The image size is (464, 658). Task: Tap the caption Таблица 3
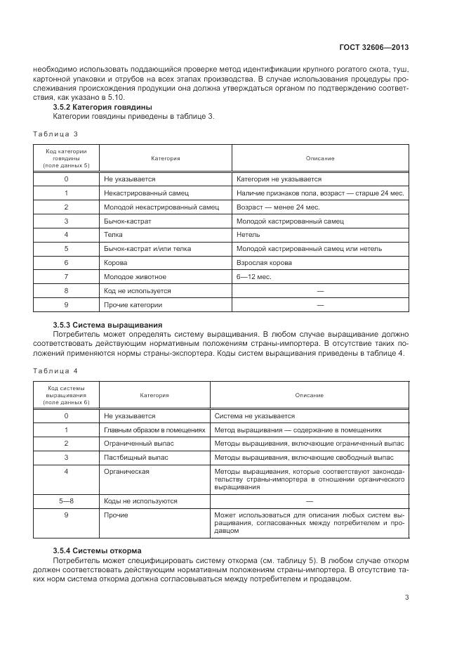tap(55, 134)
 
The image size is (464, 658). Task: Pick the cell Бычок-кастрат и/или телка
tap(147, 248)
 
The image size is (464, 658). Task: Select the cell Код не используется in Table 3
tap(137, 290)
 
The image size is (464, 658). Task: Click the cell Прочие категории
tap(133, 304)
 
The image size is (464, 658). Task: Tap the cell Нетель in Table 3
tap(248, 234)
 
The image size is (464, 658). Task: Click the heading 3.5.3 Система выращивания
tap(107, 325)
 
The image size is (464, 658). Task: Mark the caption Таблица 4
tap(55, 370)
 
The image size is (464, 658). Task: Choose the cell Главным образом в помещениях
tap(154, 430)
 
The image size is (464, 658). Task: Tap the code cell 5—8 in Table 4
tap(66, 501)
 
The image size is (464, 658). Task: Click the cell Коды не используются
tap(140, 501)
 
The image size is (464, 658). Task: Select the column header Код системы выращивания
tap(66, 395)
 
